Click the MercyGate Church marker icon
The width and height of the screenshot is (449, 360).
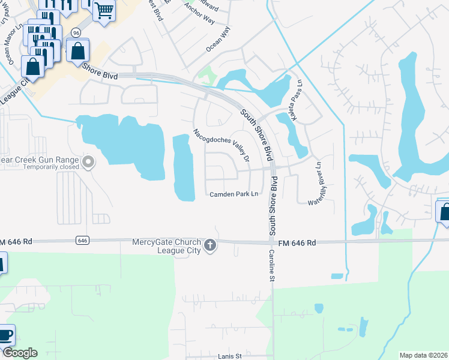[x=210, y=246]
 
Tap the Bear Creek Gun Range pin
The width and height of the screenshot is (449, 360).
[x=89, y=161]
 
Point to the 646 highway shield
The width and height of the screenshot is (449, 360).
[x=83, y=240]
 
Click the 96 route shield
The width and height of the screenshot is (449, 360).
[x=76, y=32]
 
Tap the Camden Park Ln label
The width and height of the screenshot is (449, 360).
[x=234, y=194]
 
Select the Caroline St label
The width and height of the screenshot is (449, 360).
[x=271, y=266]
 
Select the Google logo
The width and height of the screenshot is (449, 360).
[x=20, y=353]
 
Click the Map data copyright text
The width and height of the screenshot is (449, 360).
[x=423, y=355]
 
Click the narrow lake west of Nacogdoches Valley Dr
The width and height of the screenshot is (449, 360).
[x=183, y=168]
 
